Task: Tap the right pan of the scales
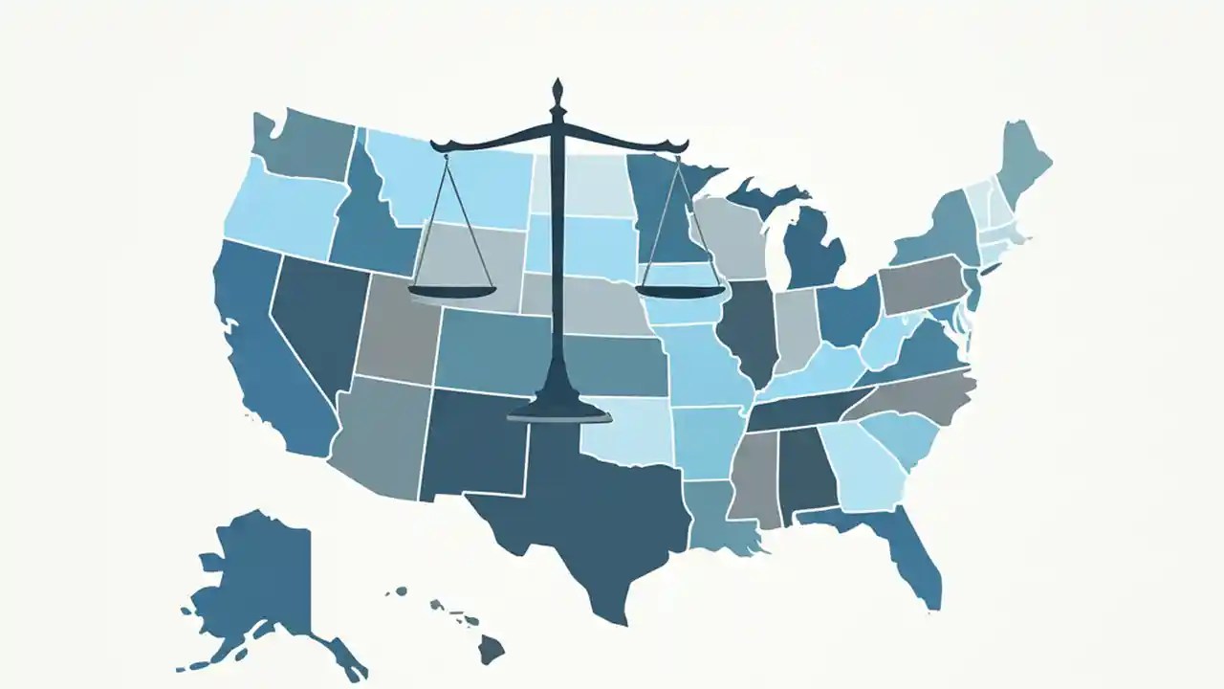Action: point(680,290)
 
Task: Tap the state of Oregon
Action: point(282,211)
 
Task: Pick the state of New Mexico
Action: point(473,445)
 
